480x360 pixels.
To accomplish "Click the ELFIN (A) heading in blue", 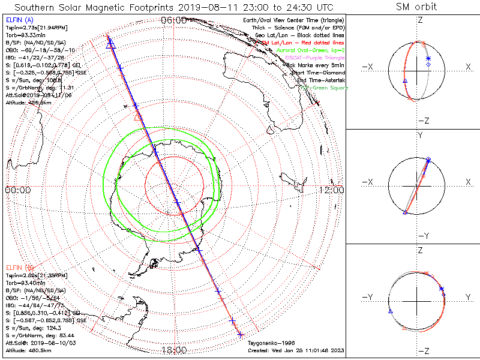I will pos(18,20).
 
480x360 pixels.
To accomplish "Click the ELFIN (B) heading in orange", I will pos(18,266).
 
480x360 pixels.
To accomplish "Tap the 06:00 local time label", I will pos(173,20).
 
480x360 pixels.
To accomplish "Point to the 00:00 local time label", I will pos(17,190).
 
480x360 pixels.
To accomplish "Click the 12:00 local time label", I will pos(331,190).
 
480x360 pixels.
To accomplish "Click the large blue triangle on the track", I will pos(110,44).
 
